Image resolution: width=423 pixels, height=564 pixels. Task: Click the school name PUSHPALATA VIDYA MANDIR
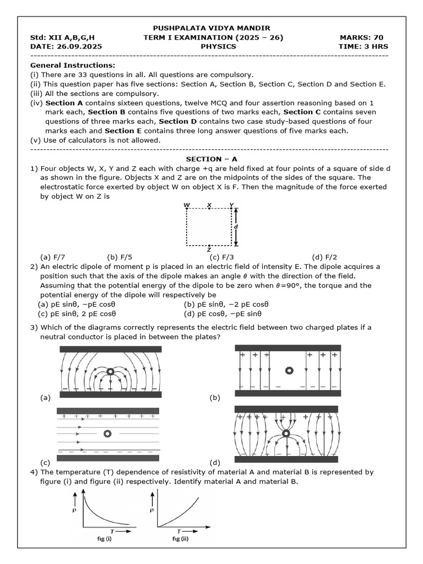(x=211, y=28)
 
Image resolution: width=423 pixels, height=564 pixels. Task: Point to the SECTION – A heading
(x=211, y=159)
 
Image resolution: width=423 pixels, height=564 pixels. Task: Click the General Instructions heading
(x=72, y=66)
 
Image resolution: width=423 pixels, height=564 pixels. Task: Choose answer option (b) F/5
(x=120, y=257)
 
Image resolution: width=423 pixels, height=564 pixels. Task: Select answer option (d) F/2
(x=324, y=257)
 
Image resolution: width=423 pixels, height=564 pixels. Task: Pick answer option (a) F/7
(x=53, y=257)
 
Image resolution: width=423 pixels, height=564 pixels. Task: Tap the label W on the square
(x=187, y=205)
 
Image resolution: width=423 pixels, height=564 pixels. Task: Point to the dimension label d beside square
(x=236, y=226)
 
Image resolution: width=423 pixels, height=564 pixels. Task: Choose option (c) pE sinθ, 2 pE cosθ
(x=77, y=314)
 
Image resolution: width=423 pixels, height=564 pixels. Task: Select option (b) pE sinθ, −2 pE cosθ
(x=226, y=305)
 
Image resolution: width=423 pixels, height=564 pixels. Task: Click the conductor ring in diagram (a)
(x=111, y=372)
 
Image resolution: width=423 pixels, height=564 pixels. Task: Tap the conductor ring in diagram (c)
(x=106, y=433)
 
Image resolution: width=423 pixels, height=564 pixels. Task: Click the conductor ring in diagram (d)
(x=286, y=434)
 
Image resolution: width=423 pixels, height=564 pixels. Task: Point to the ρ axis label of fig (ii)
(x=151, y=509)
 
